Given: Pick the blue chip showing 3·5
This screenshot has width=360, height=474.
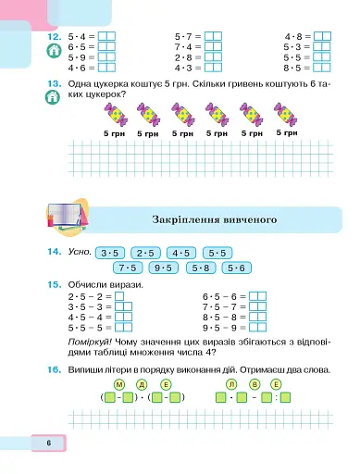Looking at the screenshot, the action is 110,253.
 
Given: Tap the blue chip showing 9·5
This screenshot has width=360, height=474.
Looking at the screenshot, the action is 164,268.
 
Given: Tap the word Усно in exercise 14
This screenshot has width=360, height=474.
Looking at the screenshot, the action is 79,253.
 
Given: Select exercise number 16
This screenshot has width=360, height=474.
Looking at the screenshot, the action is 53,368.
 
